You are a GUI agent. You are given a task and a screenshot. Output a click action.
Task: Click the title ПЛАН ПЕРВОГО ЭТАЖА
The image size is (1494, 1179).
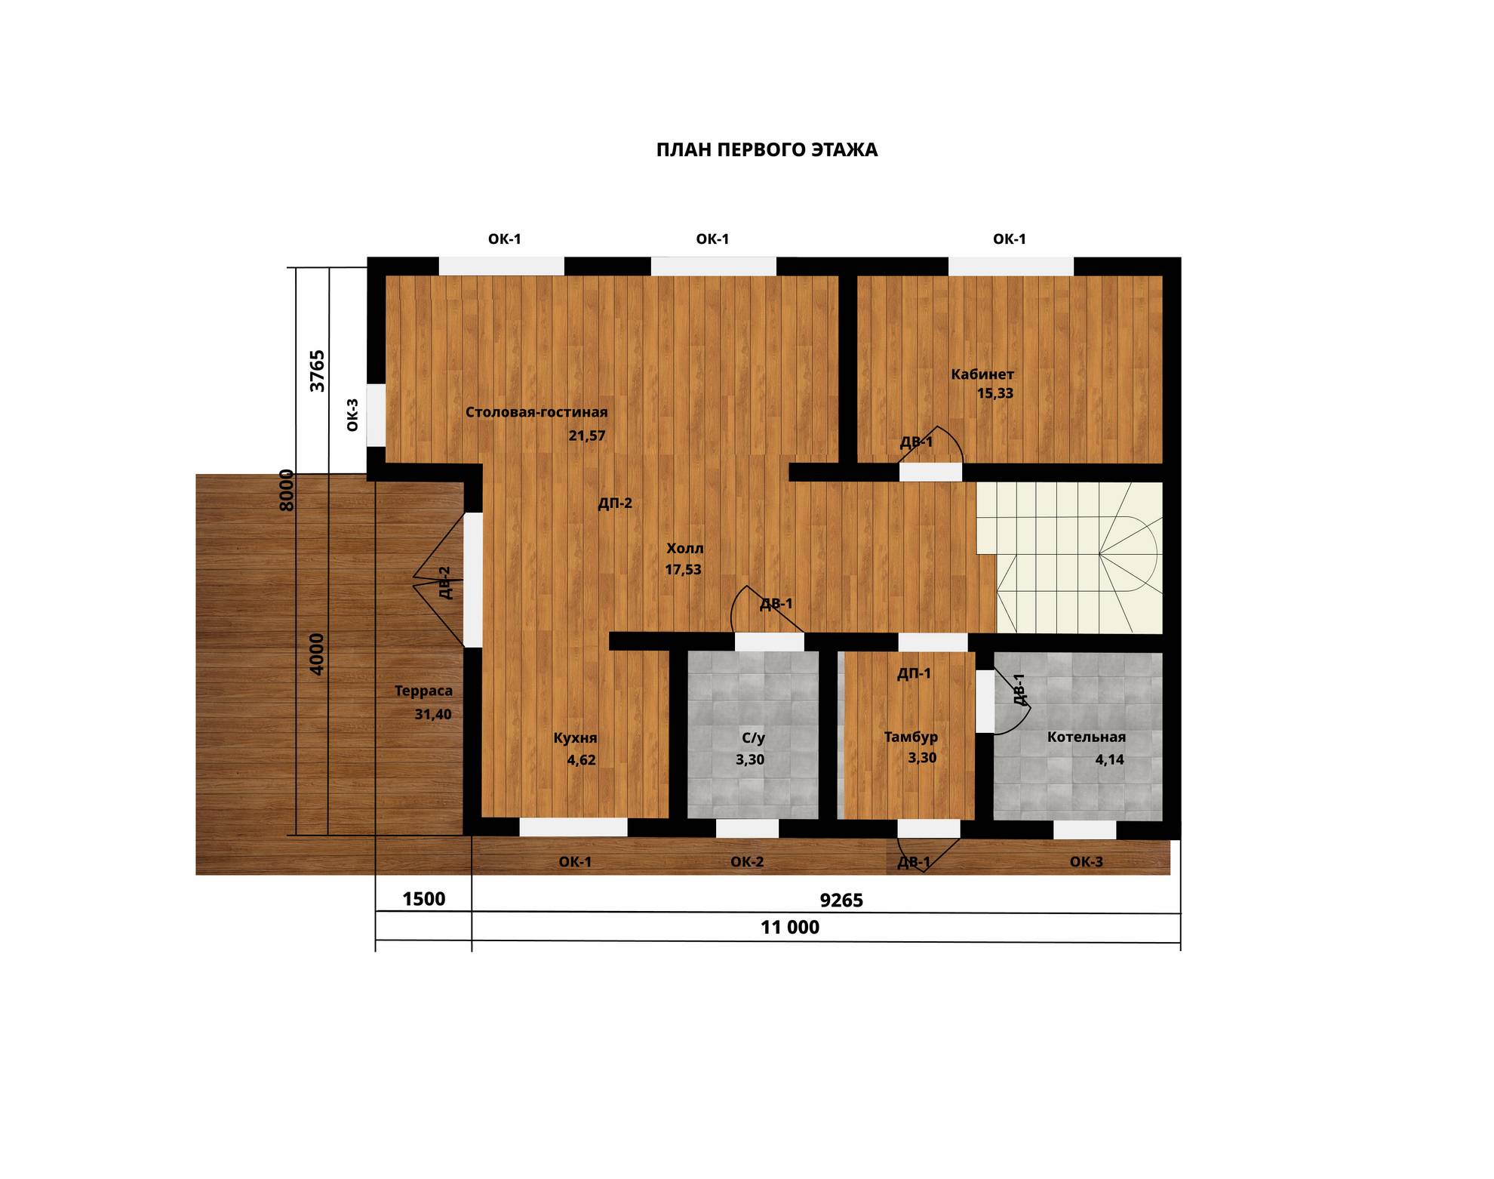tap(767, 150)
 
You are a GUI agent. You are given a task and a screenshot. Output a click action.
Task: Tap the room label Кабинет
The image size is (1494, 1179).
tap(982, 374)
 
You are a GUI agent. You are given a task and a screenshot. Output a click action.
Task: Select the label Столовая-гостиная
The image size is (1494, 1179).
tap(536, 412)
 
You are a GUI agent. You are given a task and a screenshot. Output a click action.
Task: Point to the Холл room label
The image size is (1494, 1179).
tap(684, 549)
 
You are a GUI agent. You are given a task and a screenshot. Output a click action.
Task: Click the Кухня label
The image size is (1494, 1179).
tap(575, 738)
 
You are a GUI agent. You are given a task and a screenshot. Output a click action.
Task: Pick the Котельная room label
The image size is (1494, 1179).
tap(1086, 737)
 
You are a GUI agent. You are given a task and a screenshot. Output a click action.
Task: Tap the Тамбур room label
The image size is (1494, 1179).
tap(911, 737)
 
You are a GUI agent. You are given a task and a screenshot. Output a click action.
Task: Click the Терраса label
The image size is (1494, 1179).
tap(423, 691)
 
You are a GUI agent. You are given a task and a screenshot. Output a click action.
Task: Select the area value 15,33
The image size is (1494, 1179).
tap(995, 393)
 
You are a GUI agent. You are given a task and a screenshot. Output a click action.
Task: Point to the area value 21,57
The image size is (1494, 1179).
tap(587, 436)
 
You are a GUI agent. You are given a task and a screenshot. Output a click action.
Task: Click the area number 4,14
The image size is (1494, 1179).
tap(1109, 760)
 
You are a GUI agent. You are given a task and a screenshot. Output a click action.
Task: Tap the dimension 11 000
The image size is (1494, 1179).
tap(789, 928)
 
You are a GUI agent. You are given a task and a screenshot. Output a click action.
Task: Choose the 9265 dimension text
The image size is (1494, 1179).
tap(841, 900)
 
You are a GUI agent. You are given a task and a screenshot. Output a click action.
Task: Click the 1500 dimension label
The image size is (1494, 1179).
tap(424, 899)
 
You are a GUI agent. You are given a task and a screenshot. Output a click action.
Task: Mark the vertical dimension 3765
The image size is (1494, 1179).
tap(318, 371)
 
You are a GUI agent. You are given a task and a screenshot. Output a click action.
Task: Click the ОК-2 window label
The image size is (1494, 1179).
tap(747, 862)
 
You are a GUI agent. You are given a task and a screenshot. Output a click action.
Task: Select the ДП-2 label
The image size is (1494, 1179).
tap(615, 503)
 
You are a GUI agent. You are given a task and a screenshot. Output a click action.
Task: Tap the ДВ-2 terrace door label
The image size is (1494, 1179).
tap(445, 583)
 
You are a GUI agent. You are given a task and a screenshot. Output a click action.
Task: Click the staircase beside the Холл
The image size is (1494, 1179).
tap(1069, 558)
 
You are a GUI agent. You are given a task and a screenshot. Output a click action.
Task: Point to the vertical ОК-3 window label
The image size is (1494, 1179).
tap(352, 415)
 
